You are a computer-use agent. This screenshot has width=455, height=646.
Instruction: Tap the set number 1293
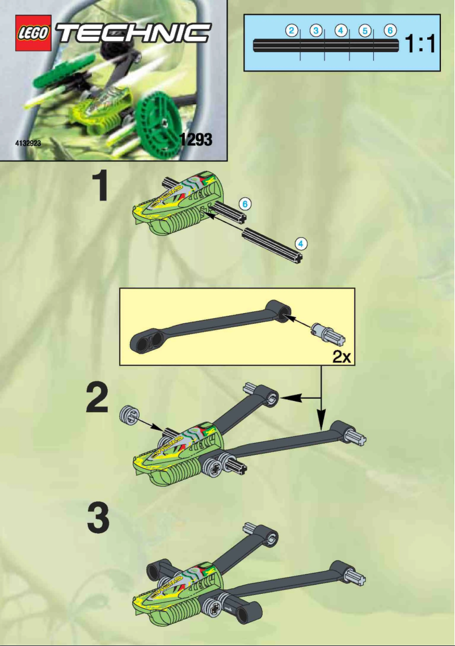[195, 139]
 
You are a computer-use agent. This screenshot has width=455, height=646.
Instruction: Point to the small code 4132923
[28, 143]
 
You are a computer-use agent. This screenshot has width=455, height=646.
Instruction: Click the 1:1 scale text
[420, 44]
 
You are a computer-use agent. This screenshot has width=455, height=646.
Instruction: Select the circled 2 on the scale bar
[292, 31]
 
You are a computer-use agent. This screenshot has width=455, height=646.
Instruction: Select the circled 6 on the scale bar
[389, 31]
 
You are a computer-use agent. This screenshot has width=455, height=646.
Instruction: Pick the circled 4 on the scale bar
[340, 31]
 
